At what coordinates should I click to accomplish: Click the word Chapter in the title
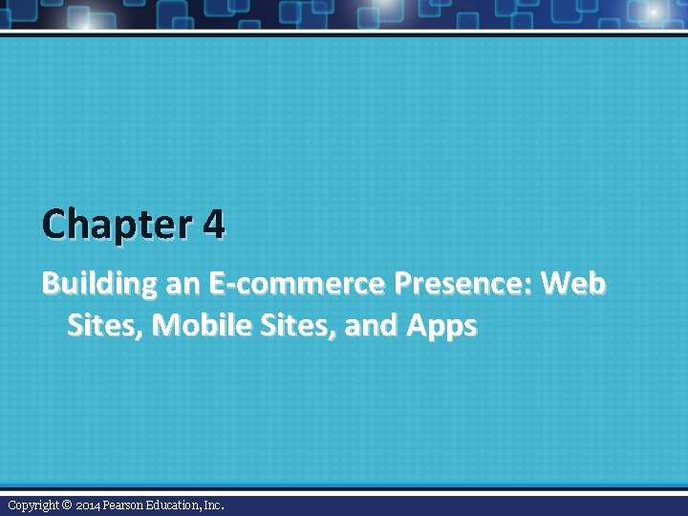117,226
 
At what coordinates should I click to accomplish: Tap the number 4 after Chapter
214,226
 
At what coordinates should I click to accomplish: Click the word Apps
441,327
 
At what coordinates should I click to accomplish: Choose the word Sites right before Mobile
105,326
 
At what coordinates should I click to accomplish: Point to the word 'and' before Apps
371,326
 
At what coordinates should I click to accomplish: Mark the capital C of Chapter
54,226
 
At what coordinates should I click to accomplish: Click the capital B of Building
50,284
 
